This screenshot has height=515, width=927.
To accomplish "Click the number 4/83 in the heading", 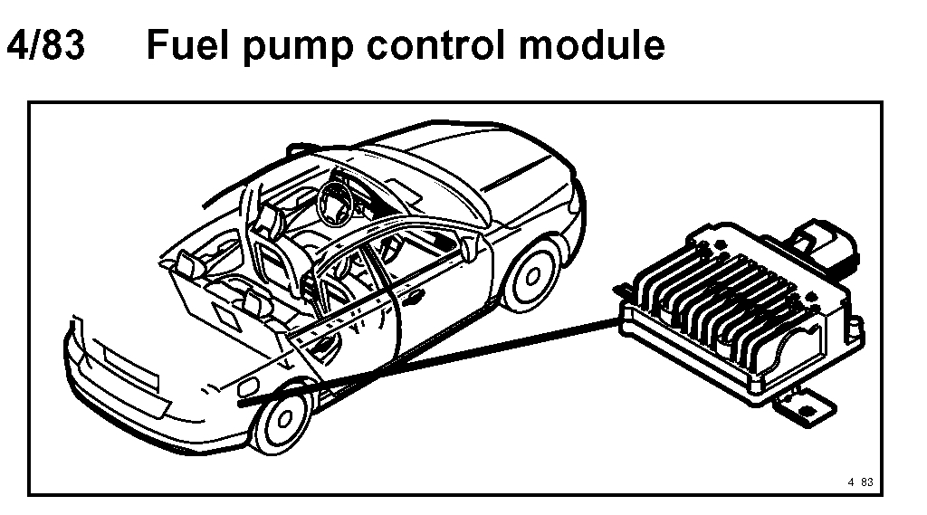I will click(45, 44).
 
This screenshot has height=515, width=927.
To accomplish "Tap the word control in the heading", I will click(448, 44).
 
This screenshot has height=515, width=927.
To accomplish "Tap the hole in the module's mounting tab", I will click(804, 405).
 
